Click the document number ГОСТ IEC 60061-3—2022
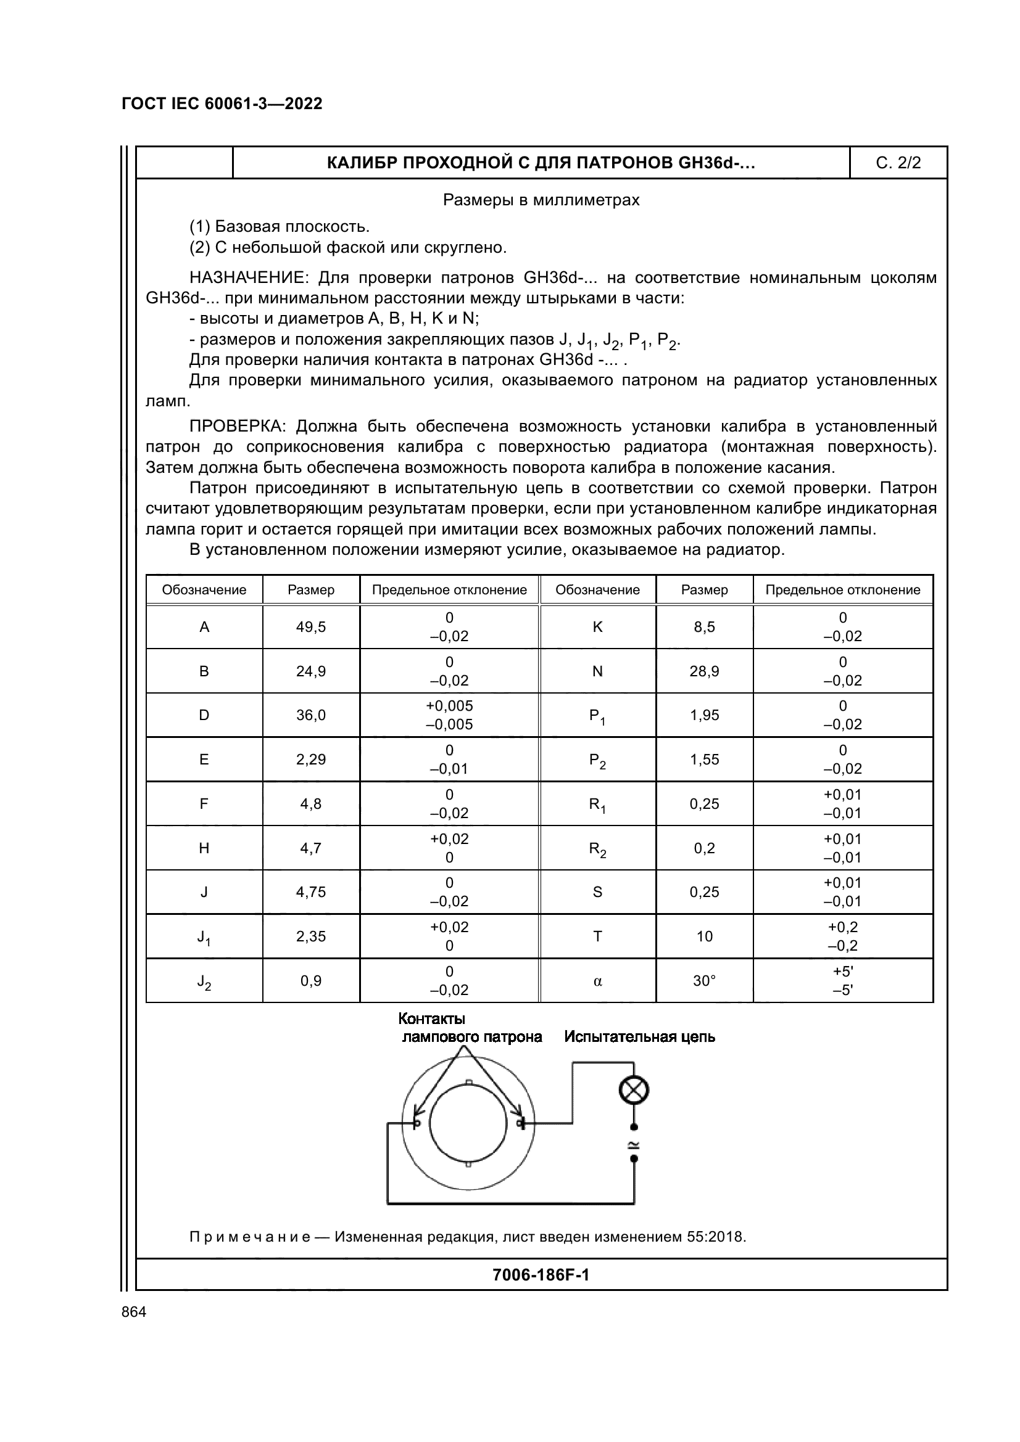pyautogui.click(x=222, y=104)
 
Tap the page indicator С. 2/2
pyautogui.click(x=898, y=163)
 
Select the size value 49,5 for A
pyautogui.click(x=311, y=627)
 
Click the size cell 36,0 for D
pyautogui.click(x=311, y=715)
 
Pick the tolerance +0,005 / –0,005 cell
pyautogui.click(x=449, y=715)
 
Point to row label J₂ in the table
pyautogui.click(x=204, y=981)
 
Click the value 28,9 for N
pyautogui.click(x=705, y=671)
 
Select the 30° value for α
pyautogui.click(x=705, y=980)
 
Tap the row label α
pyautogui.click(x=598, y=980)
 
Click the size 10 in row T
pyautogui.click(x=705, y=936)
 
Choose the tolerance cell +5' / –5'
pyautogui.click(x=843, y=980)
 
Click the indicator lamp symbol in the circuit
pyautogui.click(x=634, y=1091)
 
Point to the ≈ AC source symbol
pyautogui.click(x=634, y=1143)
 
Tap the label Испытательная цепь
pyautogui.click(x=639, y=1037)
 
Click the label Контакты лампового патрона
pyautogui.click(x=471, y=1028)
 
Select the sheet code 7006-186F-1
pyautogui.click(x=541, y=1275)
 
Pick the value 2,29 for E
pyautogui.click(x=311, y=760)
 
